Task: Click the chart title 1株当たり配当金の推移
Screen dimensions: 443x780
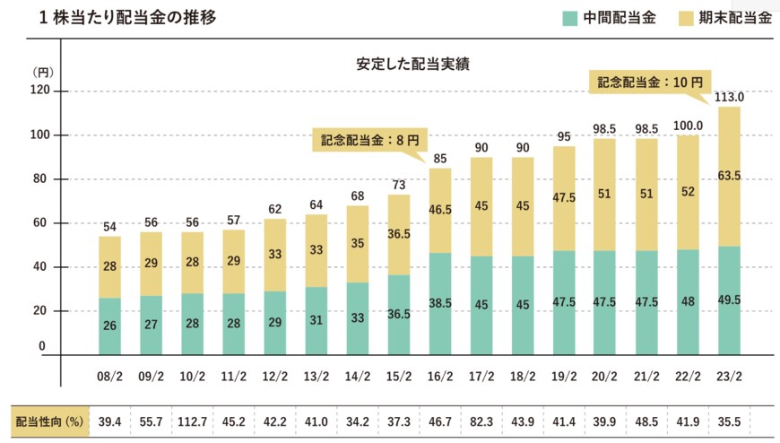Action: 115,18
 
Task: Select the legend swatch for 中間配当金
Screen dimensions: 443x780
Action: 568,18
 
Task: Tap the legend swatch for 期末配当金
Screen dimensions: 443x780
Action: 680,18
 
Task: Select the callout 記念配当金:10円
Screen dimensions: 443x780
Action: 649,82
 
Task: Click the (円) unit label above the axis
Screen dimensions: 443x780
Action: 43,71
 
